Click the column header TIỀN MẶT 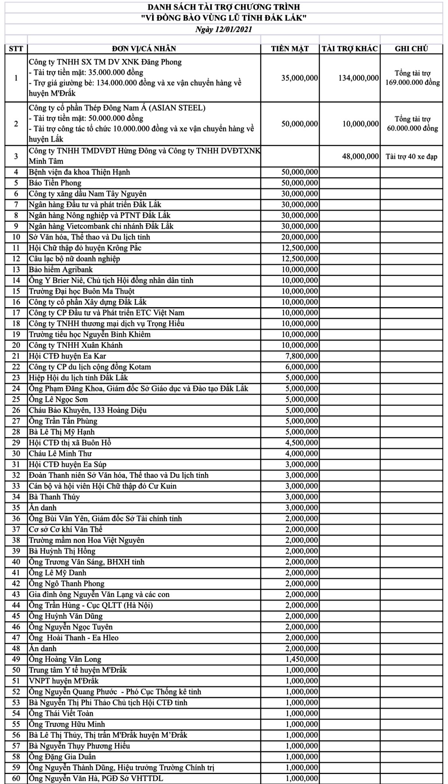tap(290, 49)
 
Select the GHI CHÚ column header tap(411, 49)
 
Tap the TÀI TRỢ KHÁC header tap(349, 49)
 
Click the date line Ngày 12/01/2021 tap(223, 29)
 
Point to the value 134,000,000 tap(358, 78)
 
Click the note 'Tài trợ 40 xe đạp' tap(411, 157)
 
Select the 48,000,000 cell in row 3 tap(360, 157)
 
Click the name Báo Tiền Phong tap(55, 183)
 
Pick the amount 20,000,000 tap(299, 237)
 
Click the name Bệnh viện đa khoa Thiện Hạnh tap(79, 172)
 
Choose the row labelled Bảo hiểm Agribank tap(61, 270)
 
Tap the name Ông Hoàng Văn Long tap(65, 659)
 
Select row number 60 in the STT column tap(16, 778)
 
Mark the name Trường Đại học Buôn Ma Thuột tap(82, 291)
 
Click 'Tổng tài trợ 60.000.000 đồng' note tap(412, 124)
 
